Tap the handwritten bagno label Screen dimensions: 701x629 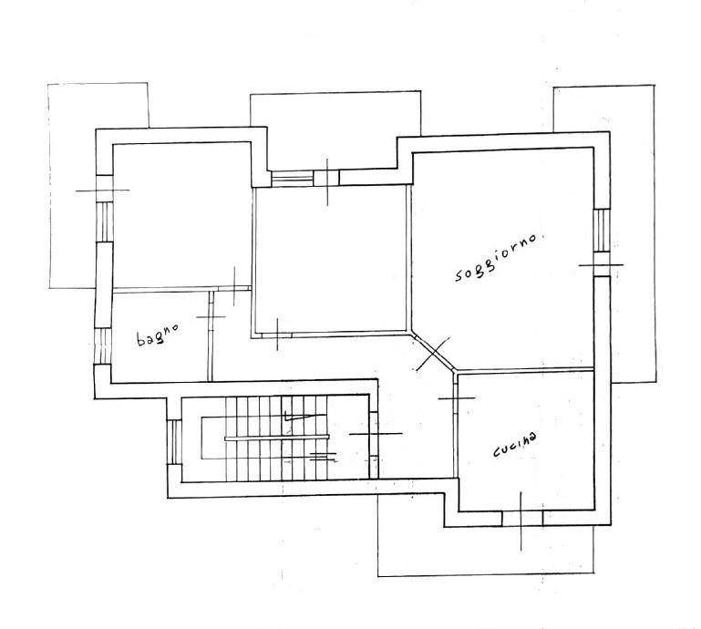point(158,335)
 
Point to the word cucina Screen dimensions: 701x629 point(514,445)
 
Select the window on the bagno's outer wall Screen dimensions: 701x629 point(102,346)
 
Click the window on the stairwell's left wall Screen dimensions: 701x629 point(174,442)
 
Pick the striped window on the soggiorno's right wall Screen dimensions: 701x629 point(602,231)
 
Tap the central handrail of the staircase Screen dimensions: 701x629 point(277,438)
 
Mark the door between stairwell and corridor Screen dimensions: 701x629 point(374,433)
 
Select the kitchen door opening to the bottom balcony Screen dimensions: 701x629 point(521,519)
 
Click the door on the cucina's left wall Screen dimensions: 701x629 point(456,397)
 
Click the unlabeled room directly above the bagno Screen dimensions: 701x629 point(181,216)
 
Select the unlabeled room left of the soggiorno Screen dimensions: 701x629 point(332,259)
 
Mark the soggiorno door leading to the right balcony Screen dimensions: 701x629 point(602,264)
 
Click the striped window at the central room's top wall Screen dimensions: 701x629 point(293,178)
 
